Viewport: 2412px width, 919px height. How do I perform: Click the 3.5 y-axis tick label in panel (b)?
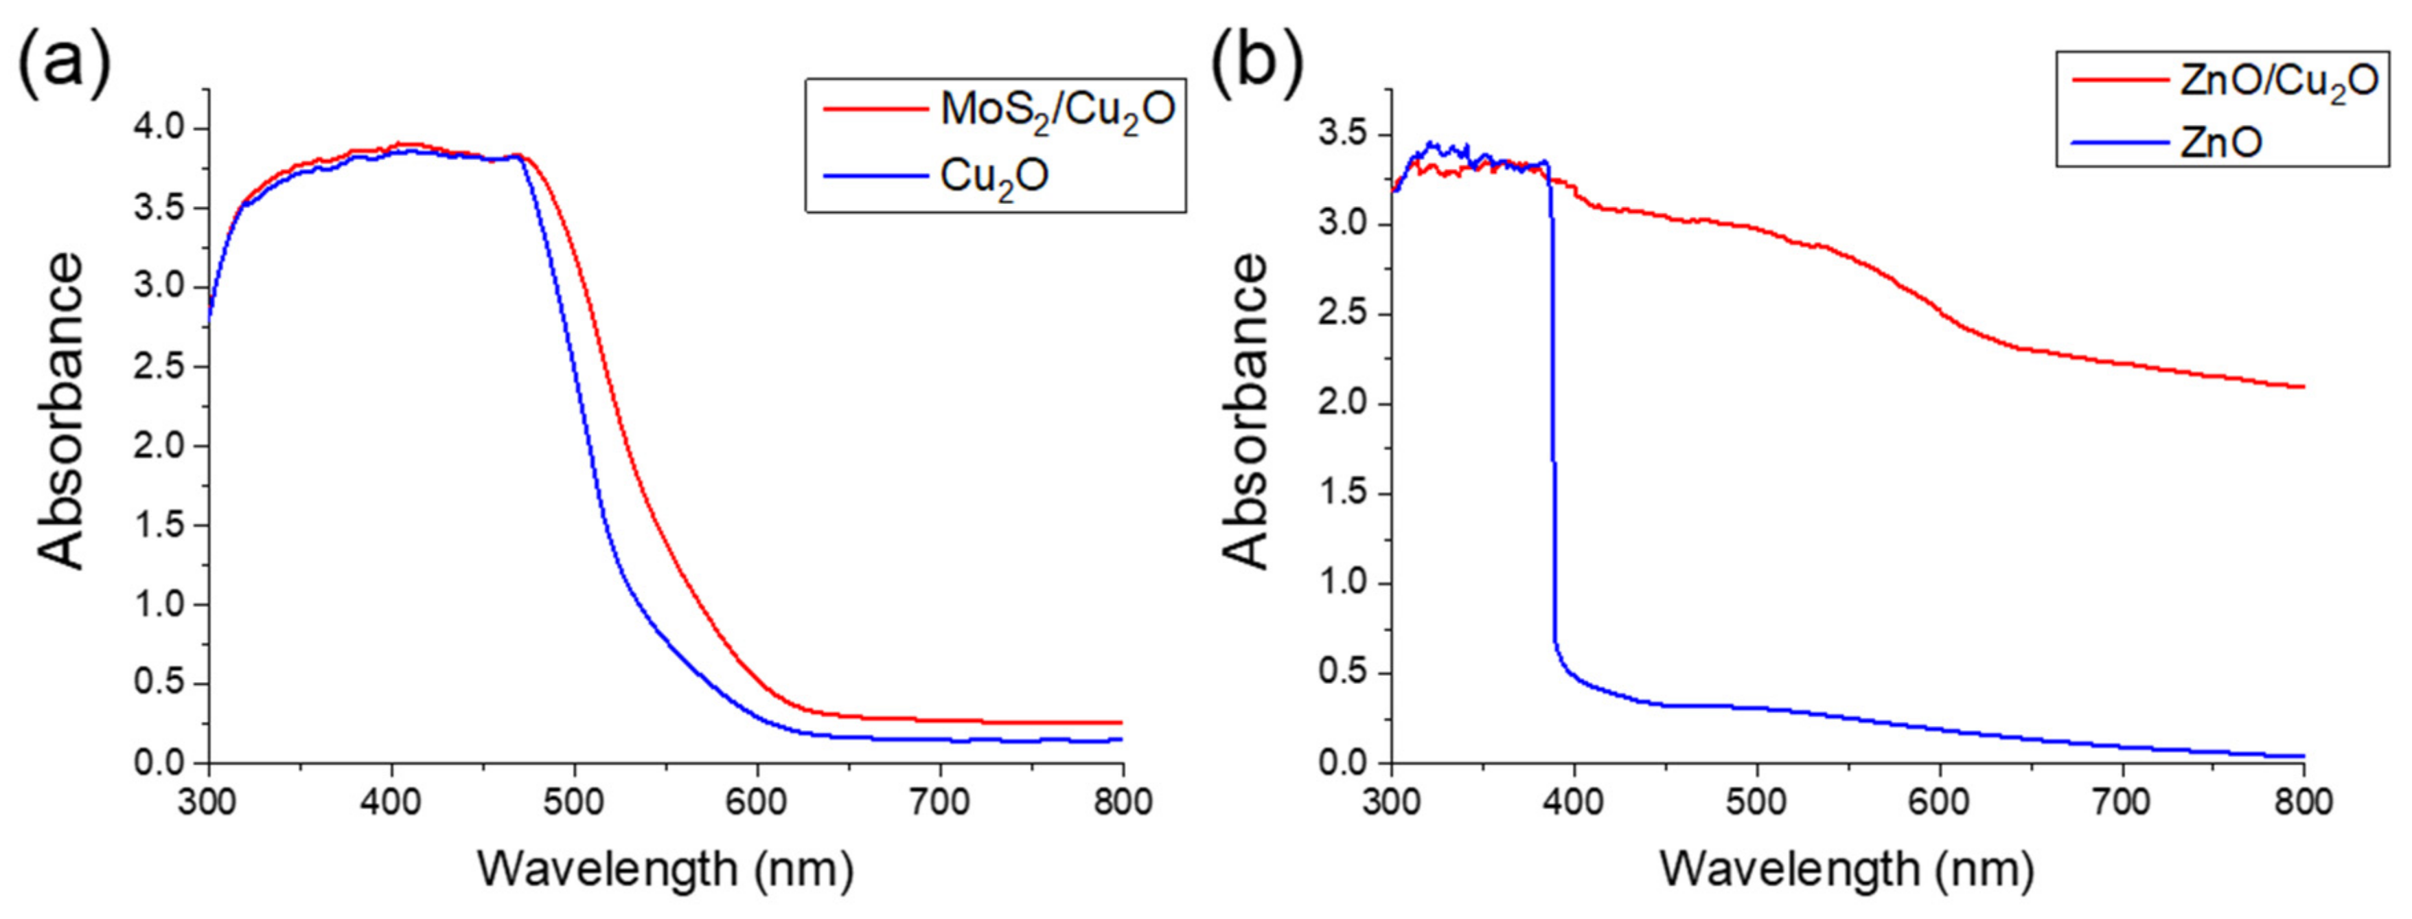pos(1349,135)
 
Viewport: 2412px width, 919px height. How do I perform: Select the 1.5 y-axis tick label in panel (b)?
pos(1349,494)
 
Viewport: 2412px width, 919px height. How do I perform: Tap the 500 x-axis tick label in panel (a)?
pos(574,803)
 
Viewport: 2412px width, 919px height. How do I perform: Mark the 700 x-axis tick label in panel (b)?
pos(2122,803)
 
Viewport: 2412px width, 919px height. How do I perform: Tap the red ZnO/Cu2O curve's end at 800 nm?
pos(2302,387)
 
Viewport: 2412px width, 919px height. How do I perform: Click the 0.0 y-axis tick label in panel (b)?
pos(1349,762)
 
